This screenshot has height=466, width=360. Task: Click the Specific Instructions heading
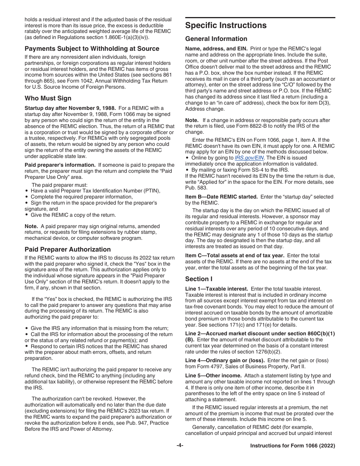coord(226,25)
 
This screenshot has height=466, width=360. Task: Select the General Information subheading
coord(216,39)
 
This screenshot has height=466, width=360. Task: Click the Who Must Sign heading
coord(48,98)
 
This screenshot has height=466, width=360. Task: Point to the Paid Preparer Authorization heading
coord(68,249)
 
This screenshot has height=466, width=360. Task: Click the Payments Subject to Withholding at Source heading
coord(92,48)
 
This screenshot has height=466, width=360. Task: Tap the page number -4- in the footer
coord(180,446)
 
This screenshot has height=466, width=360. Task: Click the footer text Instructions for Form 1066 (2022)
coord(293,446)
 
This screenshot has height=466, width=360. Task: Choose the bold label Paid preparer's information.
coord(60,165)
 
